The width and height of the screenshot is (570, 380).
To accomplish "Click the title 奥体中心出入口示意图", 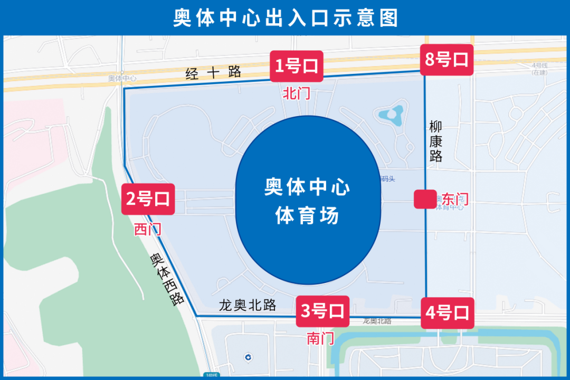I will pos(285,18).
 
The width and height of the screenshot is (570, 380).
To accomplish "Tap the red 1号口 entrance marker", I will pos(296,66).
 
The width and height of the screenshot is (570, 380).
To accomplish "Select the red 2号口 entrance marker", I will pos(148,199).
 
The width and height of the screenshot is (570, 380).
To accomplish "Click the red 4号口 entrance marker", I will pos(447,313).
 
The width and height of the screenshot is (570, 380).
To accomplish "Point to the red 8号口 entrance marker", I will pos(446,59).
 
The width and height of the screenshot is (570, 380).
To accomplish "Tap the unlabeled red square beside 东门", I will pos(425,199).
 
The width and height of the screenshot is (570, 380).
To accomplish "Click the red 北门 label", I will pos(296,94).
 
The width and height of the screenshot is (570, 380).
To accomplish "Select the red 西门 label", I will pos(147,229).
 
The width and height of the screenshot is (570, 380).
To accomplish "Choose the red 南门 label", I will pos(320,338).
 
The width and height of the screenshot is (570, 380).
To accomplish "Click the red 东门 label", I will pos(455,199).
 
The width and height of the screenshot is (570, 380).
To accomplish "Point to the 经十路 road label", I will pos(213,72).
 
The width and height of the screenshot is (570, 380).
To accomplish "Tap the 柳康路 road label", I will pos(435,141).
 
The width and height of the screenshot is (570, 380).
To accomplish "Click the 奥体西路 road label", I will pos(167,279).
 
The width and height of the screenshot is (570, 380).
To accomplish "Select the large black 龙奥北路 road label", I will pos(248,305).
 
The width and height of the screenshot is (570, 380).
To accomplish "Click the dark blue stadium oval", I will pos(308,202).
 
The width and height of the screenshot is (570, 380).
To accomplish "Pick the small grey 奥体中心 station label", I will pos(122,78).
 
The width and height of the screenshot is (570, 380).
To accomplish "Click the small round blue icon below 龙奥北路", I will pos(248,357).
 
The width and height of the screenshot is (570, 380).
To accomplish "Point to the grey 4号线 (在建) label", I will pos(539,68).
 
